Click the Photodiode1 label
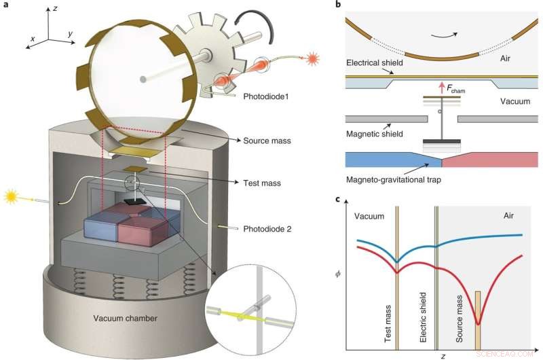(265, 97)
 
